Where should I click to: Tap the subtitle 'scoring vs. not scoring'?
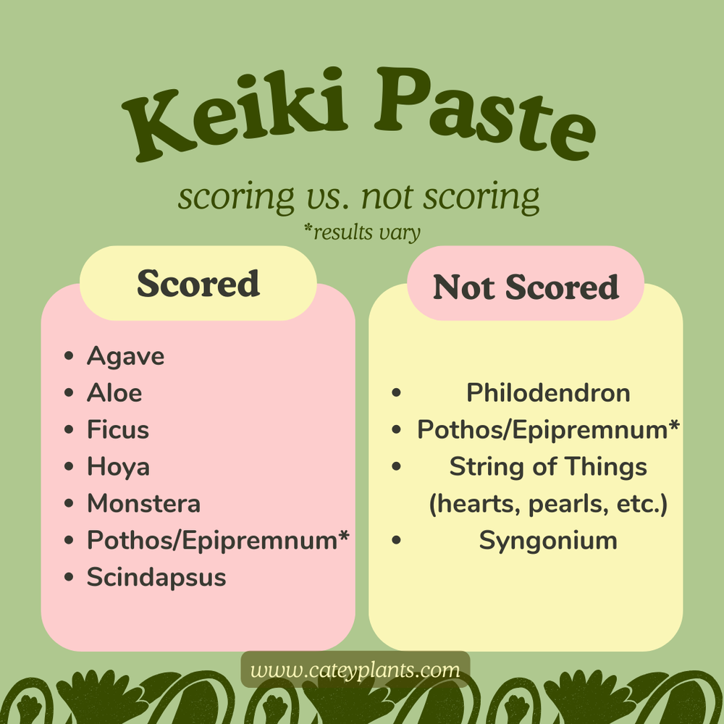pos(359,196)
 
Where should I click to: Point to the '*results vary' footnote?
pos(362,232)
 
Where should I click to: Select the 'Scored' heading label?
pos(198,283)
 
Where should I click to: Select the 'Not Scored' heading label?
pos(526,287)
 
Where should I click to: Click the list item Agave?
pos(125,356)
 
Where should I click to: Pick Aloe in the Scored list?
pos(114,393)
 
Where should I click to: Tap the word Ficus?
pos(118,430)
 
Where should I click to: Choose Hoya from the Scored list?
pos(118,467)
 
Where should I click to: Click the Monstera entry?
pos(143,504)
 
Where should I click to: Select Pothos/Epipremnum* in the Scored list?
pos(218,540)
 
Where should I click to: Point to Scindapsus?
pos(156,578)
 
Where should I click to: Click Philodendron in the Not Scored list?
pos(548,393)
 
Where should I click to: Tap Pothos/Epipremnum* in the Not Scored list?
pos(548,430)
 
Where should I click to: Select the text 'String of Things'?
pos(548,467)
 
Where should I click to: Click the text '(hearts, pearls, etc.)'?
pos(548,505)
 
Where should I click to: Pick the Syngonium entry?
pos(548,541)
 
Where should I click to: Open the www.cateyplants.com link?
pos(355,670)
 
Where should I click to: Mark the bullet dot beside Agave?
pos(69,356)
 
